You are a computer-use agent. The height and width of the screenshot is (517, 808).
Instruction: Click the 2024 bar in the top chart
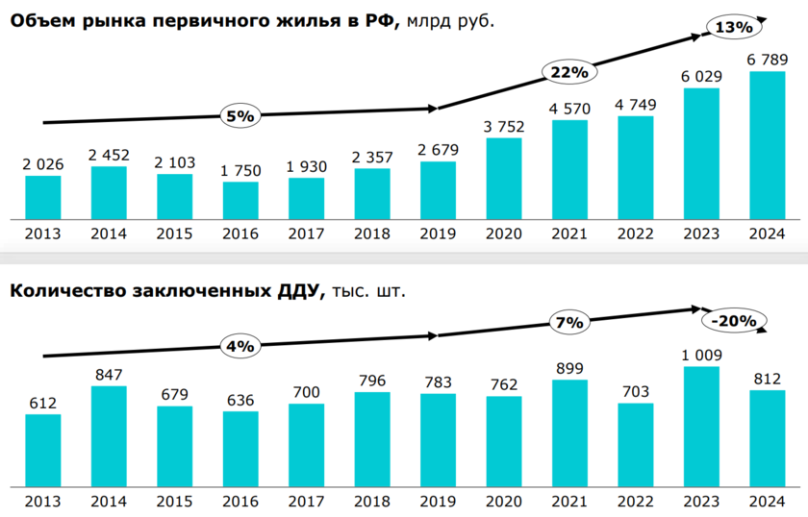(x=767, y=145)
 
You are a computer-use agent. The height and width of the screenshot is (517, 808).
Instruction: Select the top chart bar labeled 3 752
(x=504, y=179)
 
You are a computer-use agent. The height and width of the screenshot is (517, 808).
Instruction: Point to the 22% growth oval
(x=569, y=72)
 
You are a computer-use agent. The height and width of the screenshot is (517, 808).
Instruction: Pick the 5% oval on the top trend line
(x=240, y=116)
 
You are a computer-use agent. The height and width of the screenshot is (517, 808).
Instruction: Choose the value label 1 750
(x=240, y=170)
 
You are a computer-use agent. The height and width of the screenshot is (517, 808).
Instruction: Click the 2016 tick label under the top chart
(x=240, y=234)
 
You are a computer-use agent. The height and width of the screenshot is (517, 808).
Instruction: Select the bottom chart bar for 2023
(x=702, y=425)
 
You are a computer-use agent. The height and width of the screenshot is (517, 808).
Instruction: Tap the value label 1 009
(x=702, y=355)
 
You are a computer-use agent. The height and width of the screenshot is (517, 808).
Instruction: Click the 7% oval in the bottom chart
(x=569, y=323)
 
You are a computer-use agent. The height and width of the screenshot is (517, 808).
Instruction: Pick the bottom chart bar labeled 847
(x=109, y=435)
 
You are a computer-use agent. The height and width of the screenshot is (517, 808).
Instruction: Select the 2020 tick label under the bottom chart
(x=504, y=502)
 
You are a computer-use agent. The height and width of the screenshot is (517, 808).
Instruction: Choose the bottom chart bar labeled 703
(x=636, y=443)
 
